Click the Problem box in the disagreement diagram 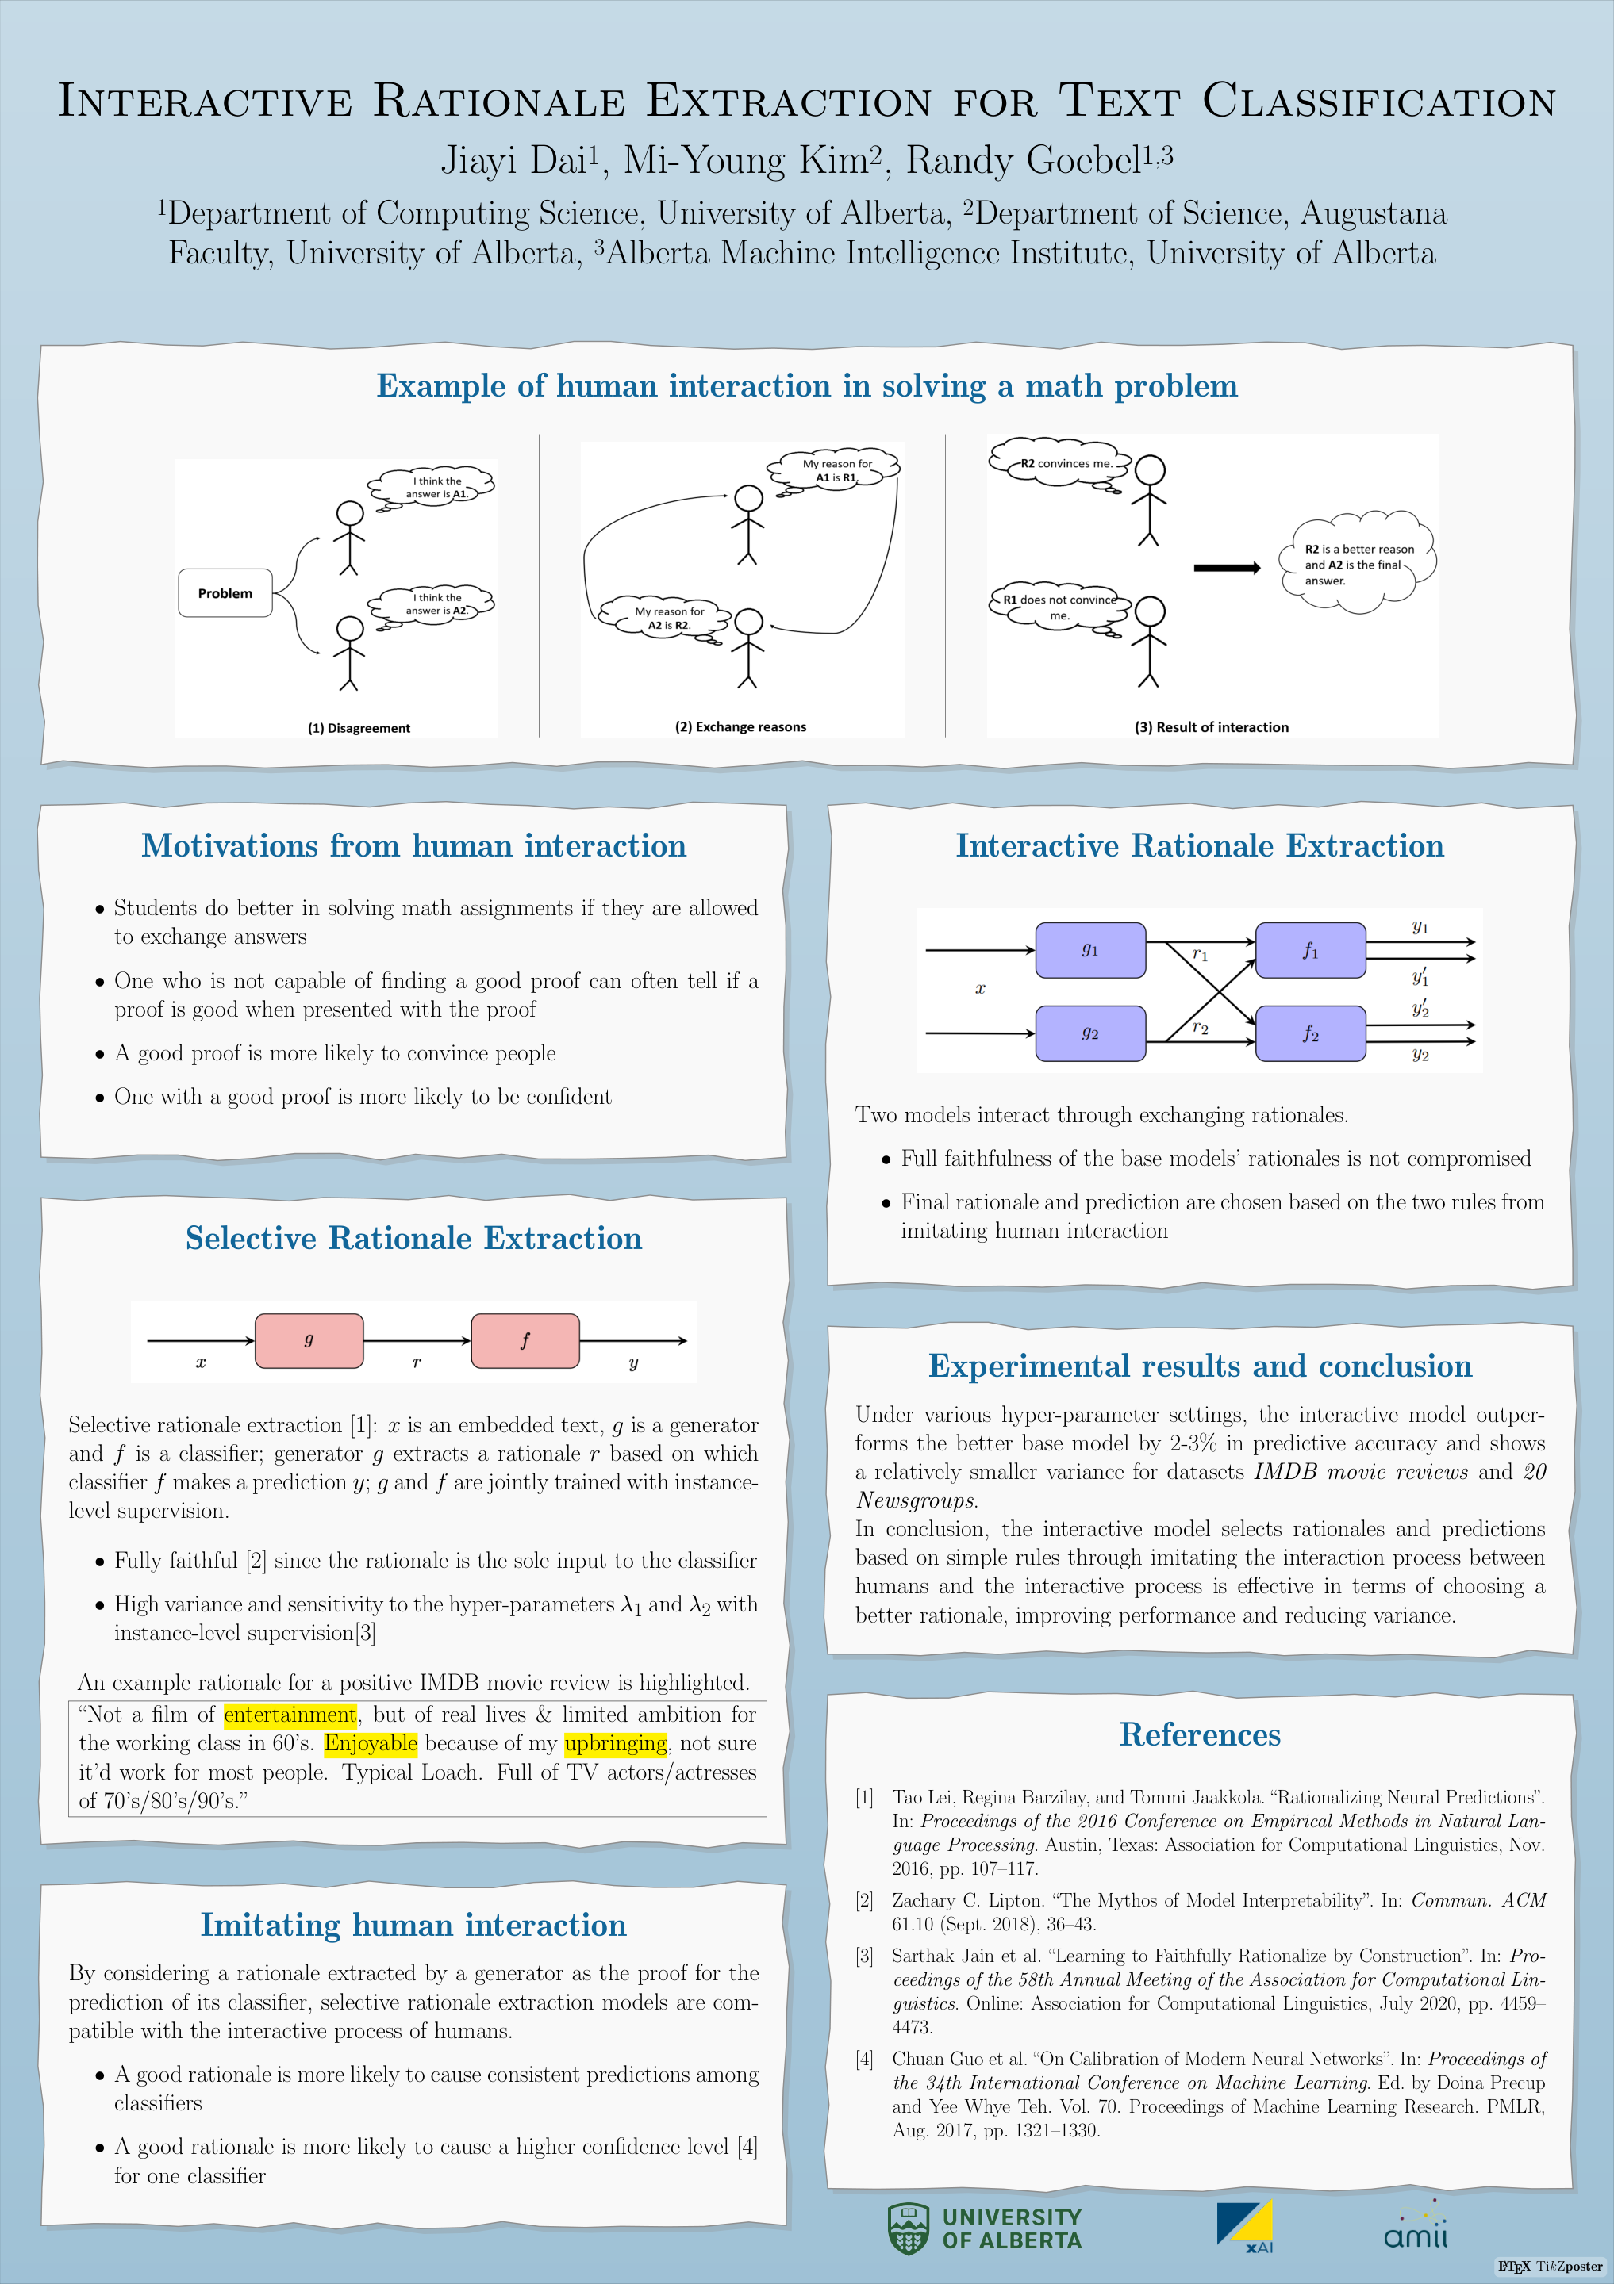[225, 593]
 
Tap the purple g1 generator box [1089, 950]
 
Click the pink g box [309, 1340]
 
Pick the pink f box [525, 1340]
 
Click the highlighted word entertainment [290, 1714]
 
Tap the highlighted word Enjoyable [370, 1743]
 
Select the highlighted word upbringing [615, 1743]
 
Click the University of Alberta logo [984, 2228]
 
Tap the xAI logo [1245, 2226]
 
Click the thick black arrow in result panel [1226, 568]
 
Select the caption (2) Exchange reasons [740, 727]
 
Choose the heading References [1200, 1734]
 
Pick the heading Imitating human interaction [413, 1925]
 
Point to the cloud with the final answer [1357, 564]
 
